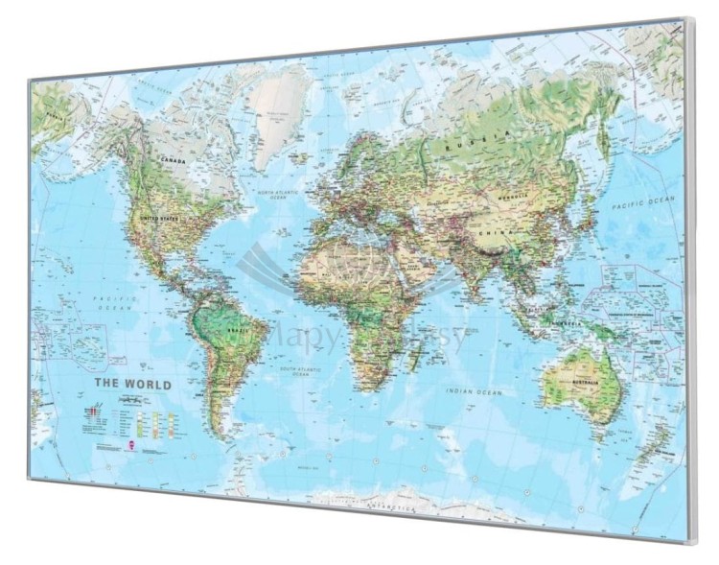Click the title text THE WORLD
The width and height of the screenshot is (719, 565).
(132, 385)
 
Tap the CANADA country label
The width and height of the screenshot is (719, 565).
(172, 160)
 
